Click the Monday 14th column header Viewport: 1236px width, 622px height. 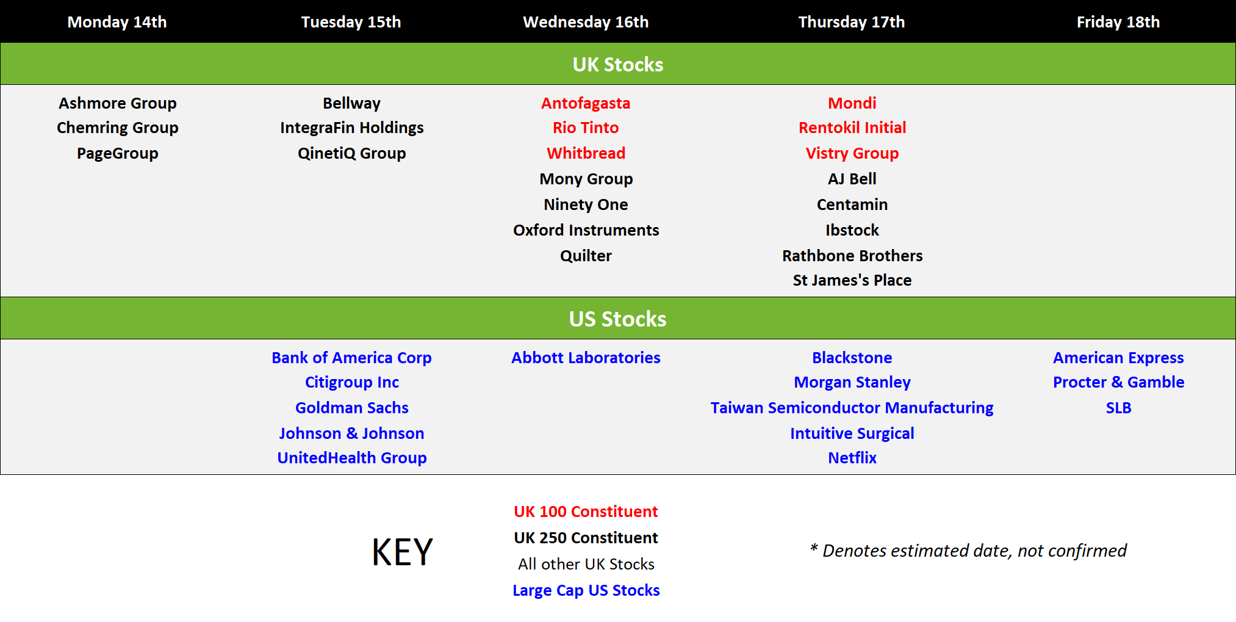(117, 22)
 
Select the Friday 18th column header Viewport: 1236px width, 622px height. (1118, 22)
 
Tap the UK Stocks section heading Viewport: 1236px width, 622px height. (618, 64)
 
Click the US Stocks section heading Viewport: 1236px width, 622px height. (618, 319)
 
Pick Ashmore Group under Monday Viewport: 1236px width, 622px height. (118, 103)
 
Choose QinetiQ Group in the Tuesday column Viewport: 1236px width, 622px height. (352, 153)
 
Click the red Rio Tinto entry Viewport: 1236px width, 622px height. (586, 128)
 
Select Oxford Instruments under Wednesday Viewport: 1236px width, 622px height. (586, 230)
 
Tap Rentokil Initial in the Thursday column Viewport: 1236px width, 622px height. (852, 128)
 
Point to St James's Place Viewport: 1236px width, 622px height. (852, 280)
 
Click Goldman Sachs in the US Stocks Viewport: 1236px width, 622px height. (352, 408)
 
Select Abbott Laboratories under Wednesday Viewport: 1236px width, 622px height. (586, 358)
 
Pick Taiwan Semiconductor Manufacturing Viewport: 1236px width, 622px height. (852, 408)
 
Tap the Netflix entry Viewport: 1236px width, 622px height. (852, 458)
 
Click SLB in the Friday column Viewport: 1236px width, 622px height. (1118, 408)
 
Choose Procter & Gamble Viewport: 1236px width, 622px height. (1118, 382)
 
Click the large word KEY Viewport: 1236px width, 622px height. (403, 552)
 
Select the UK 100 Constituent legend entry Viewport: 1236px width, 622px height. (586, 512)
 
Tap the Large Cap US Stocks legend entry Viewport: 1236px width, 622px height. (586, 590)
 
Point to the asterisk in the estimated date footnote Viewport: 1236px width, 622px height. (814, 547)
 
